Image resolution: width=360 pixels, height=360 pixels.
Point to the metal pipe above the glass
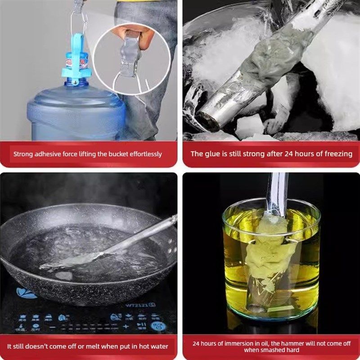(277, 189)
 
